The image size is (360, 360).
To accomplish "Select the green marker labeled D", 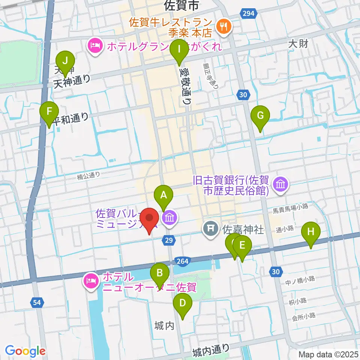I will pyautogui.click(x=182, y=303).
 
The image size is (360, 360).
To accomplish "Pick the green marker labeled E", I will pyautogui.click(x=242, y=246).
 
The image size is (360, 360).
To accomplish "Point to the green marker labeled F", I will pyautogui.click(x=49, y=111).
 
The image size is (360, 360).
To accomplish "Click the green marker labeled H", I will pyautogui.click(x=310, y=231).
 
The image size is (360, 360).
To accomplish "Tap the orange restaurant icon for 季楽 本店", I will pyautogui.click(x=225, y=26).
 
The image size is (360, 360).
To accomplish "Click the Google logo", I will pyautogui.click(x=25, y=351).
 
